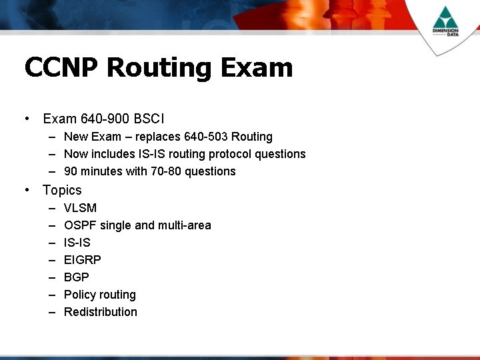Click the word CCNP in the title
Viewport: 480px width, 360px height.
point(61,67)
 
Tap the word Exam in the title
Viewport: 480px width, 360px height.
point(257,67)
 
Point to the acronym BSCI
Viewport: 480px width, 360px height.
point(149,119)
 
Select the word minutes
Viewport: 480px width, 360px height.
point(101,171)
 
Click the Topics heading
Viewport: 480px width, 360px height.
point(62,190)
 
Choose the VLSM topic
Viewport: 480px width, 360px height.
point(80,208)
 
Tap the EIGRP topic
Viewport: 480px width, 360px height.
point(83,260)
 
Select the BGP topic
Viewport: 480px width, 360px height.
point(76,277)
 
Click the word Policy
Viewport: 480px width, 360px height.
point(79,295)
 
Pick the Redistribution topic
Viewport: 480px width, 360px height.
point(101,312)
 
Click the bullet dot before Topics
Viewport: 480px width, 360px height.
point(26,190)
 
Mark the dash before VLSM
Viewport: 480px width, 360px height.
point(51,208)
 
